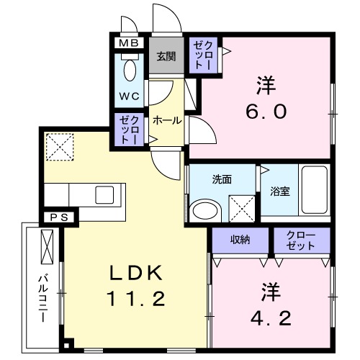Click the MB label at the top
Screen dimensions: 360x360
coord(130,42)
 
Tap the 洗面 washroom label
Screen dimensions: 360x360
coord(222,179)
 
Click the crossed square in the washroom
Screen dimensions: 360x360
coord(241,209)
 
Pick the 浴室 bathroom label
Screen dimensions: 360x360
coord(281,192)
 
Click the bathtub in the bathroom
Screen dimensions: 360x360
coord(314,190)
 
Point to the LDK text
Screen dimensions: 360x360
coord(138,274)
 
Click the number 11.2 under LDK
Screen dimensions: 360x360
coord(138,297)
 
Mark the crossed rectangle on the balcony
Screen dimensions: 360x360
coord(49,246)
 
